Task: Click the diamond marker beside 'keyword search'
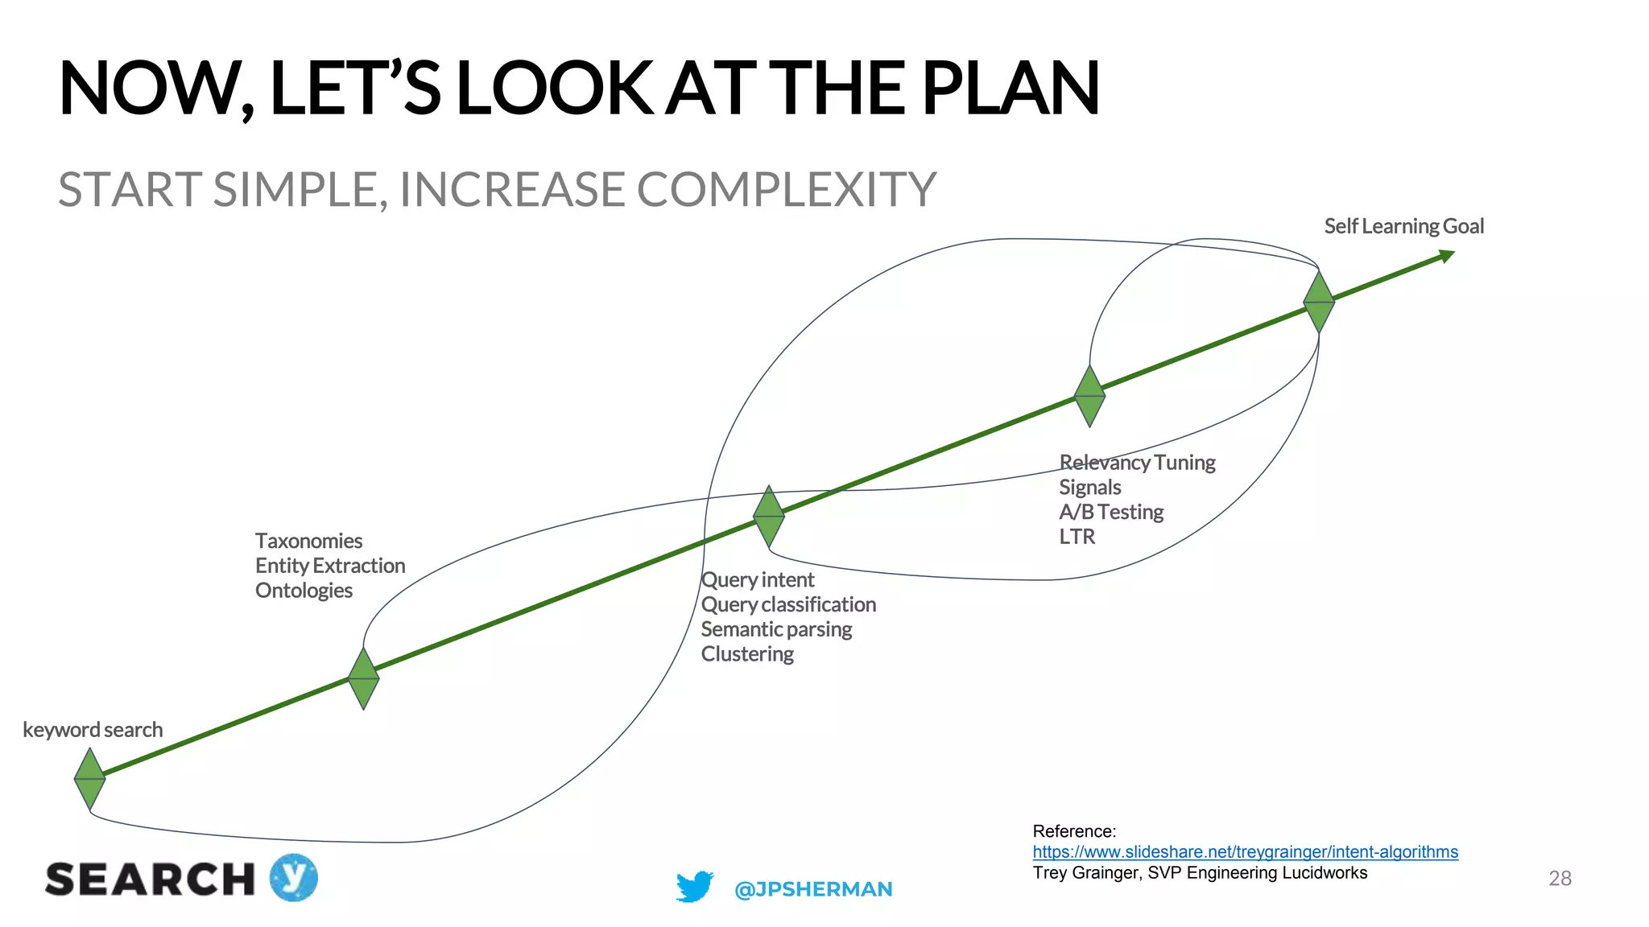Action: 89,778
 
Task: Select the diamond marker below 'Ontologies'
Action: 363,678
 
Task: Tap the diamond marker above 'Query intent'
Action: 769,516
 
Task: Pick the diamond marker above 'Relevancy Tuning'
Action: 1089,396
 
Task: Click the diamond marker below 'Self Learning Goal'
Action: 1319,302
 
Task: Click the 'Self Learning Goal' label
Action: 1403,226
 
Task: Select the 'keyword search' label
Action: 93,730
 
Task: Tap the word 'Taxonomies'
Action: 308,541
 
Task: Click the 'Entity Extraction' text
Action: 330,566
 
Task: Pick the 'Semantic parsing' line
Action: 776,629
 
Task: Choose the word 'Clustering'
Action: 747,654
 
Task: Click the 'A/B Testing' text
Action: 1111,512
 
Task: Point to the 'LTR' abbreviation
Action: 1077,537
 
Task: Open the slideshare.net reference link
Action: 1245,851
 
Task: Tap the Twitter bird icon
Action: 695,887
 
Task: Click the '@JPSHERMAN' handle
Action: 813,889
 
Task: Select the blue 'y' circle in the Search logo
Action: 294,877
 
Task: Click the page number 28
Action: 1560,878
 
